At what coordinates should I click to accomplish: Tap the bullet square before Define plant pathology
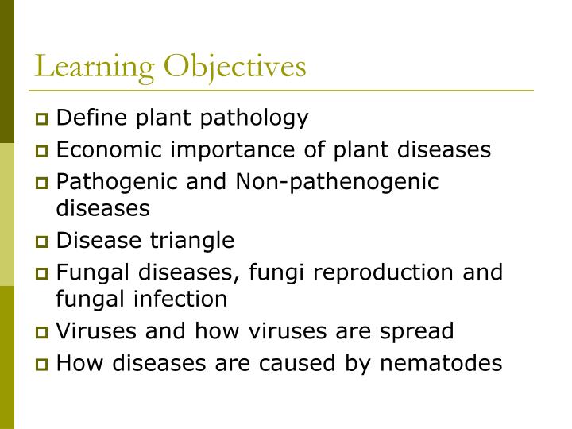43,121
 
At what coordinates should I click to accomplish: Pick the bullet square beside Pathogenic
43,183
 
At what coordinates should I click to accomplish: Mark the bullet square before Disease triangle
43,242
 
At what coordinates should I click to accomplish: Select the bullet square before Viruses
43,332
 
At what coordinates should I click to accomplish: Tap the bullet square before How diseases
43,364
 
